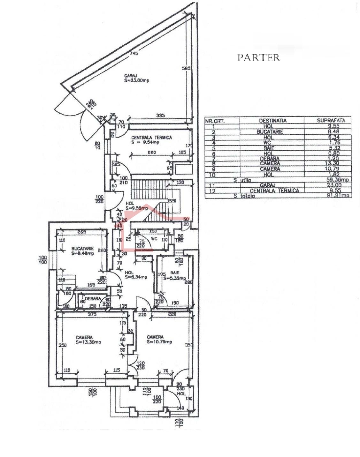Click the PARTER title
point(258,58)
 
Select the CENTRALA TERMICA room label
point(152,138)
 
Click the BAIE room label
point(175,273)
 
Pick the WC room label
point(154,239)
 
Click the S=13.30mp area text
point(88,342)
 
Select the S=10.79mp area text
point(159,342)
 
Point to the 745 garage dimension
point(134,53)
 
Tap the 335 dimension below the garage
point(160,115)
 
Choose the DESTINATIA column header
point(272,121)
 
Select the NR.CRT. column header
point(215,121)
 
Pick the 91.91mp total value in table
point(338,195)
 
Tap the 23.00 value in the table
point(334,185)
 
